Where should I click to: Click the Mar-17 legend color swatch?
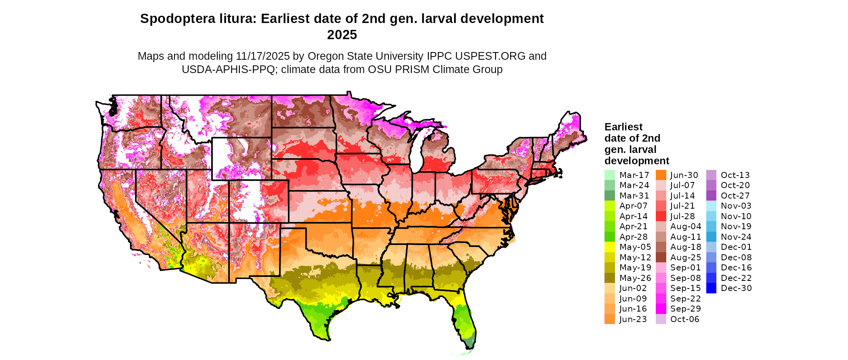(609, 175)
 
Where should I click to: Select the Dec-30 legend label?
(736, 288)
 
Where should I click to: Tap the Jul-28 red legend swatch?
(661, 216)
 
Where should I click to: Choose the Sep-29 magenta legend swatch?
(661, 309)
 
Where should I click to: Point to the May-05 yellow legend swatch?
(609, 247)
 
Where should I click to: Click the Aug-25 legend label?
(686, 257)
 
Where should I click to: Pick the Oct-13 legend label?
(735, 175)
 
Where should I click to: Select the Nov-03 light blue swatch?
(711, 206)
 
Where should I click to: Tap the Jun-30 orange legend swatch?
(661, 175)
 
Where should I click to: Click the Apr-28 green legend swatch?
(609, 237)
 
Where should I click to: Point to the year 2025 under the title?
(342, 35)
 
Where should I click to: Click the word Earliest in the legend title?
(623, 127)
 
